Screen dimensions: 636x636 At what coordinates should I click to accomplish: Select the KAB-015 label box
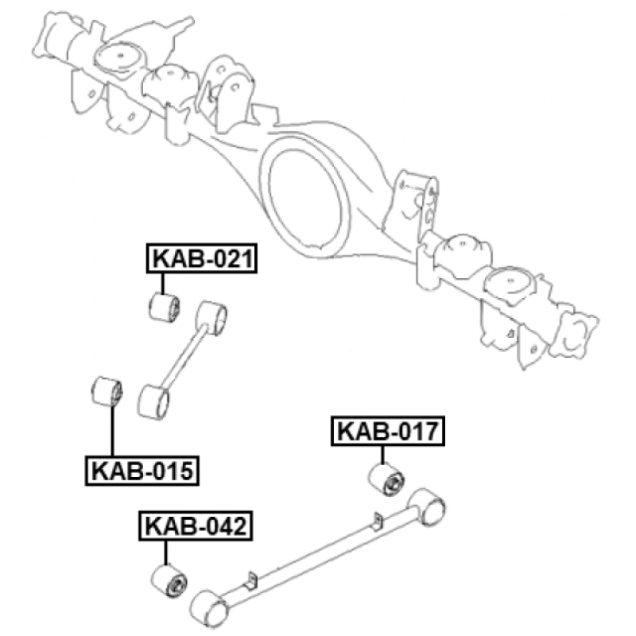coord(142,471)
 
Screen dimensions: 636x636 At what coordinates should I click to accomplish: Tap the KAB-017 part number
coord(388,431)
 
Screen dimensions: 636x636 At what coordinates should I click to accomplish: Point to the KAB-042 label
coord(196,526)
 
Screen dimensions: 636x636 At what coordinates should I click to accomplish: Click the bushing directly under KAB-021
coord(165,308)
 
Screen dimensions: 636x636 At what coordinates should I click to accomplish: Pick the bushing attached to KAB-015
coord(107,392)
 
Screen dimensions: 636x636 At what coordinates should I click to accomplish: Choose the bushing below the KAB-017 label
coord(386,479)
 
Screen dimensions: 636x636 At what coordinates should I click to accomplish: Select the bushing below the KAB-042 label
coord(169,580)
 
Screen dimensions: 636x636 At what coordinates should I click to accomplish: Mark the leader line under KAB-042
coord(165,553)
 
